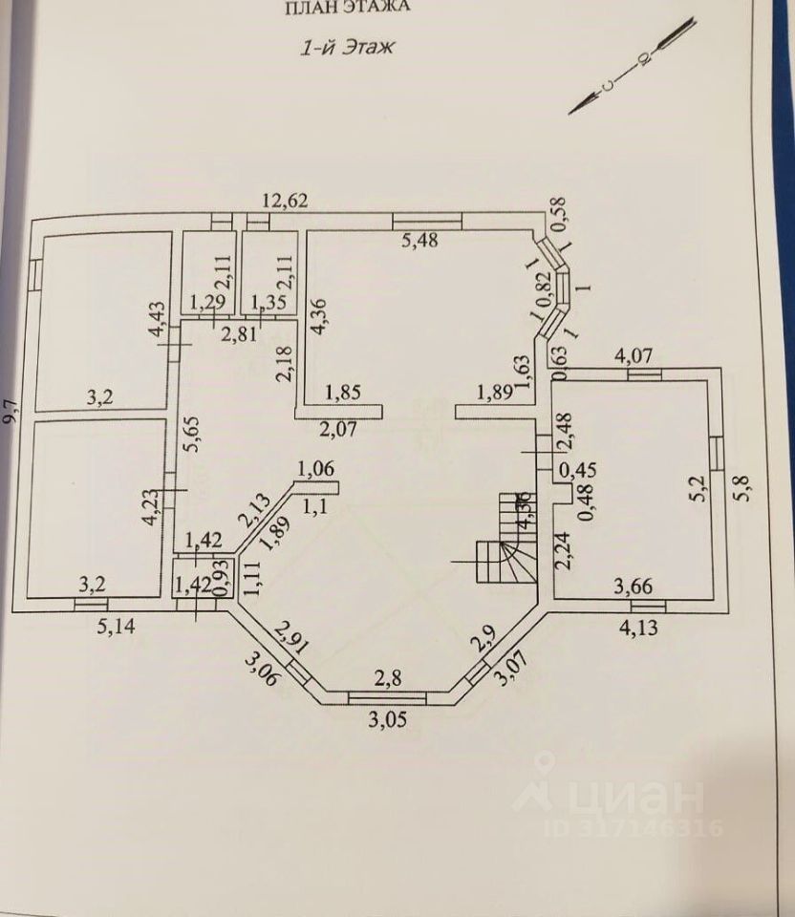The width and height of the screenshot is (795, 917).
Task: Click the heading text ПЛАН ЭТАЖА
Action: (x=348, y=8)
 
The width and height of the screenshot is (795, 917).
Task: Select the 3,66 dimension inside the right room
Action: (x=633, y=586)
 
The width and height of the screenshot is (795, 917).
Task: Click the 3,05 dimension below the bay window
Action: (x=387, y=719)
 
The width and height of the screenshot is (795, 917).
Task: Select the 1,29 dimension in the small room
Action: (x=207, y=304)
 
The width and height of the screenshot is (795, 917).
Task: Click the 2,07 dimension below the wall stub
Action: (x=337, y=428)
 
